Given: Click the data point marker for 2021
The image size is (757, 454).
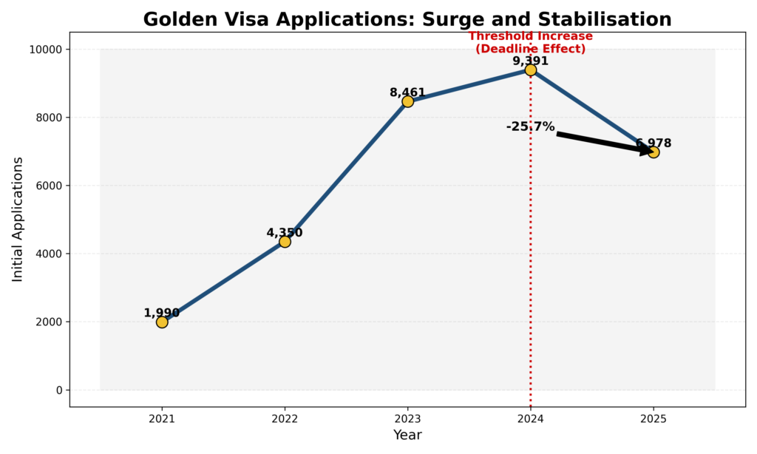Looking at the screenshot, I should pyautogui.click(x=162, y=322).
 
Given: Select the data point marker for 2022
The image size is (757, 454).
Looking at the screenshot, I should pyautogui.click(x=285, y=241).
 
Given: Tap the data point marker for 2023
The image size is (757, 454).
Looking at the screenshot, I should pyautogui.click(x=407, y=101).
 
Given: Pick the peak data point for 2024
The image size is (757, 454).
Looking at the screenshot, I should pyautogui.click(x=530, y=70).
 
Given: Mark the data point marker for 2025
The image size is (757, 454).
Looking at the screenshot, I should pyautogui.click(x=653, y=152).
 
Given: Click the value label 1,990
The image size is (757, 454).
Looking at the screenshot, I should pyautogui.click(x=162, y=313).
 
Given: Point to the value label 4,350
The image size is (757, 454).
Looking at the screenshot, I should pyautogui.click(x=285, y=233).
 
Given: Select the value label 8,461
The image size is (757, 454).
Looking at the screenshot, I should pyautogui.click(x=407, y=92).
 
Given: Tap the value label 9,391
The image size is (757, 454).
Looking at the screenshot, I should pyautogui.click(x=530, y=61).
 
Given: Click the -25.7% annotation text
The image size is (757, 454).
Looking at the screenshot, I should pyautogui.click(x=530, y=126).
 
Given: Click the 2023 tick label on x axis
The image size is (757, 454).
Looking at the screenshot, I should pyautogui.click(x=407, y=419).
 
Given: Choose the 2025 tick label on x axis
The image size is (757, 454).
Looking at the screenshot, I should pyautogui.click(x=653, y=419).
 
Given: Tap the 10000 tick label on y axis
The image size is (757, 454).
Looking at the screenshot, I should pyautogui.click(x=47, y=50).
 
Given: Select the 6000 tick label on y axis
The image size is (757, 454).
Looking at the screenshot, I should pyautogui.click(x=50, y=186).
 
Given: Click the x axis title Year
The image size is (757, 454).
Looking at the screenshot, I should pyautogui.click(x=407, y=435).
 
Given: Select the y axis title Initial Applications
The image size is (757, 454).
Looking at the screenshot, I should pyautogui.click(x=18, y=219).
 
